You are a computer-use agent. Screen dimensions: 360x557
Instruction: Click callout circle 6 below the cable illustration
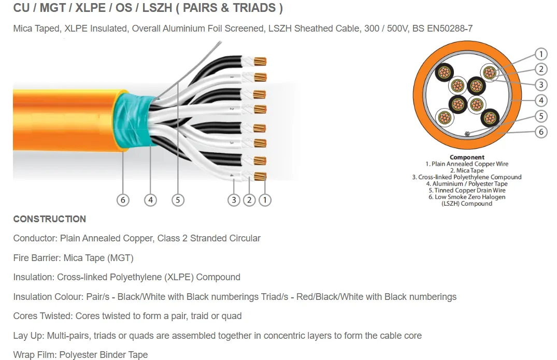point(123,199)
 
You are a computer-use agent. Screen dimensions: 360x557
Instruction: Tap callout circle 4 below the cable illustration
point(150,199)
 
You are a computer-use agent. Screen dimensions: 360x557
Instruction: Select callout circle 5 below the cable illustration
point(178,199)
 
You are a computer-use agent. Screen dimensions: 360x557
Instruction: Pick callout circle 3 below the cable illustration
point(234,199)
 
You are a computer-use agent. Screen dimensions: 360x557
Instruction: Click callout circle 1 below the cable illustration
point(265,199)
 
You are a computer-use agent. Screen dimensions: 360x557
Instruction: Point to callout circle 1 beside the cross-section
point(541,54)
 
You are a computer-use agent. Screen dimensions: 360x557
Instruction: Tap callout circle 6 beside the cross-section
point(541,132)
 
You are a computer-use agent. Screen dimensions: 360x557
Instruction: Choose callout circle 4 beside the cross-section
point(541,100)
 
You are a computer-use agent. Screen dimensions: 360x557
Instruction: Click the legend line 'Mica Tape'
point(466,170)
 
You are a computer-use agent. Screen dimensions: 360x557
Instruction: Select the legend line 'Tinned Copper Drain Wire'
point(466,190)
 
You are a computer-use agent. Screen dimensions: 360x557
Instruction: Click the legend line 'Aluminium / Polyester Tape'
point(466,183)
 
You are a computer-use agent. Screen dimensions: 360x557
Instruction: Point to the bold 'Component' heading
point(467,157)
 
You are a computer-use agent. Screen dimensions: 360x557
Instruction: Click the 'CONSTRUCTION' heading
point(50,219)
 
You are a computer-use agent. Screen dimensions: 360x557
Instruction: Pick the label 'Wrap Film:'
point(35,355)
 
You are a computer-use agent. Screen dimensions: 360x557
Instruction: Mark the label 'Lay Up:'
point(29,336)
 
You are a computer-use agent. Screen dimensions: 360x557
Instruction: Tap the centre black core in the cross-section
point(476,85)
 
